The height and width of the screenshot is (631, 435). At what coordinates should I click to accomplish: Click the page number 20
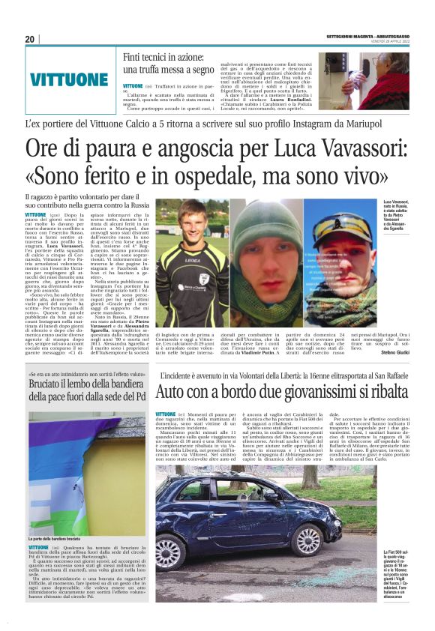[29, 39]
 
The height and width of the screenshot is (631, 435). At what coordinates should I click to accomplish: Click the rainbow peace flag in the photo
[82, 465]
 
